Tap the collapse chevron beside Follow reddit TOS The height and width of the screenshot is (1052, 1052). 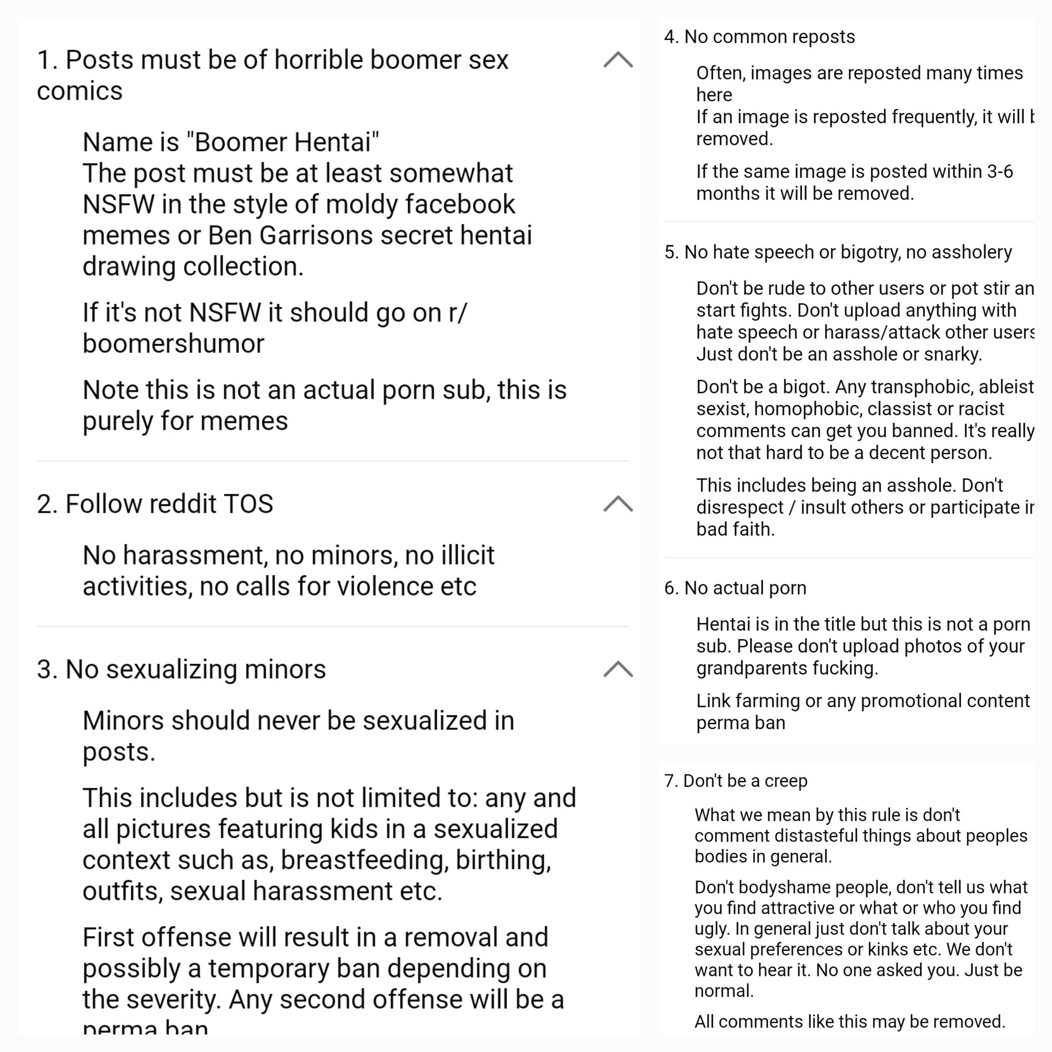pos(618,504)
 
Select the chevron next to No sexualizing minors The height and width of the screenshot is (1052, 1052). pos(618,669)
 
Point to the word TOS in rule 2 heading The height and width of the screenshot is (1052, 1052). pos(248,504)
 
